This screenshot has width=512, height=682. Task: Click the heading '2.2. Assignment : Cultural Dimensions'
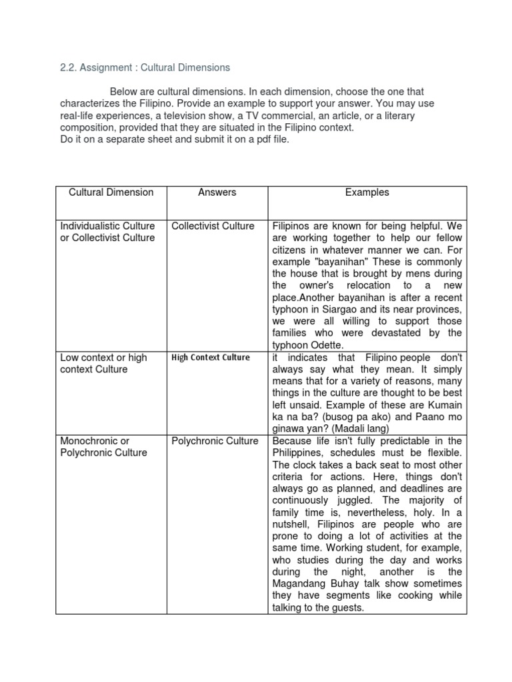145,67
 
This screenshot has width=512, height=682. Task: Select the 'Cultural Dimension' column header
111,192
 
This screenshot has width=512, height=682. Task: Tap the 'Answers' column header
217,192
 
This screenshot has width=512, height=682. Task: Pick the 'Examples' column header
367,192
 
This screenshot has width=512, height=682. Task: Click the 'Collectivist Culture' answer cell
213,226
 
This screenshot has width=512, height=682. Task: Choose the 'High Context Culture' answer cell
210,358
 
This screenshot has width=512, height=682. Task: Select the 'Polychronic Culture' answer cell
215,441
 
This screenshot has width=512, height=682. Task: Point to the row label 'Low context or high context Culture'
103,364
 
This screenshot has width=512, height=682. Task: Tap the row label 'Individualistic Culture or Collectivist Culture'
107,232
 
